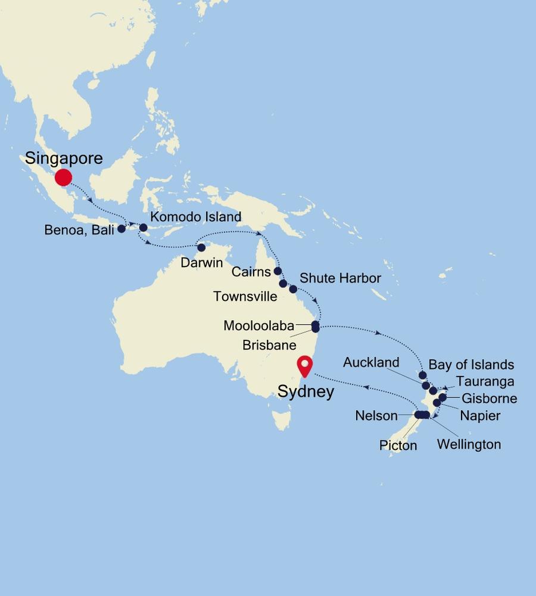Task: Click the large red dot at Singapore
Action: coord(63,177)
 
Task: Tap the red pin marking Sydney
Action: coord(306,365)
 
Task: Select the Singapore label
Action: coord(64,159)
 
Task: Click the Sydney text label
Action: coord(306,392)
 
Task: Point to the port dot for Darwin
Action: coord(201,247)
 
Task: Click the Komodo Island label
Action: coord(195,217)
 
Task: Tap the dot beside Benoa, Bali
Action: coord(121,228)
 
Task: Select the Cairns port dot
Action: coord(278,271)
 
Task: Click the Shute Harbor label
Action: coord(340,278)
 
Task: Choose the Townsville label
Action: coord(245,296)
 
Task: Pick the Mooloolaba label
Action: coord(259,326)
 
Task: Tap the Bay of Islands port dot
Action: coord(422,375)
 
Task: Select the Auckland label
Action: coord(371,362)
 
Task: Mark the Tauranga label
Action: coord(485,381)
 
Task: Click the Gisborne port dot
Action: coord(442,397)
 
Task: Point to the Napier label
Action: coord(479,415)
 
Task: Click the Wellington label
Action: coord(469,444)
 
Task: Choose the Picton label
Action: coord(398,445)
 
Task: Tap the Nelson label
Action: coord(376,415)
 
